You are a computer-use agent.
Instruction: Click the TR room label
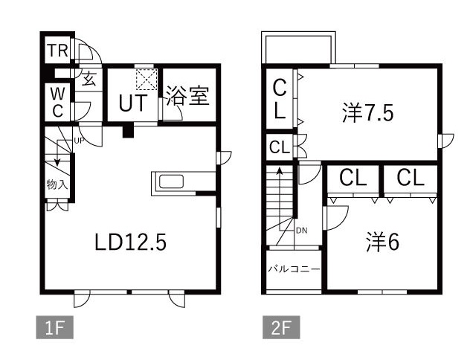58,51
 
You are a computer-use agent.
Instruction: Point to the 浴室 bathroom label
187,97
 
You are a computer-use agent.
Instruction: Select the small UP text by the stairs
78,139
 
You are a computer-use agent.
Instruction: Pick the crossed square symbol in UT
145,79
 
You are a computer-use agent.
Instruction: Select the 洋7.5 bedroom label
367,113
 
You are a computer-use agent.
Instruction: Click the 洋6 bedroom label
383,242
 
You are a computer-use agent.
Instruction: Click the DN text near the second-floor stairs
301,231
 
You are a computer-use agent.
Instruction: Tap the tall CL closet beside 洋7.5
280,100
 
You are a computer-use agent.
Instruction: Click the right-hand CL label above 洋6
411,179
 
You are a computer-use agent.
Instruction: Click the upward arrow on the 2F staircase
280,173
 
